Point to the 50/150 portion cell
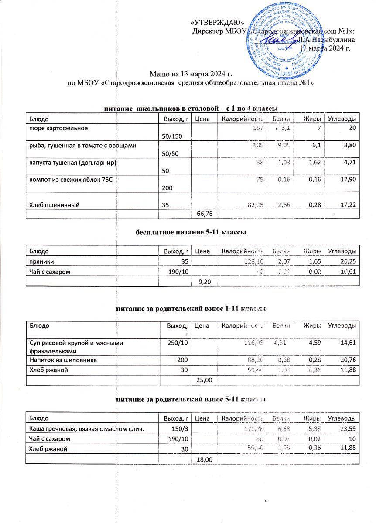(172, 136)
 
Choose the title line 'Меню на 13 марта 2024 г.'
(190, 75)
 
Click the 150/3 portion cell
(181, 429)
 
